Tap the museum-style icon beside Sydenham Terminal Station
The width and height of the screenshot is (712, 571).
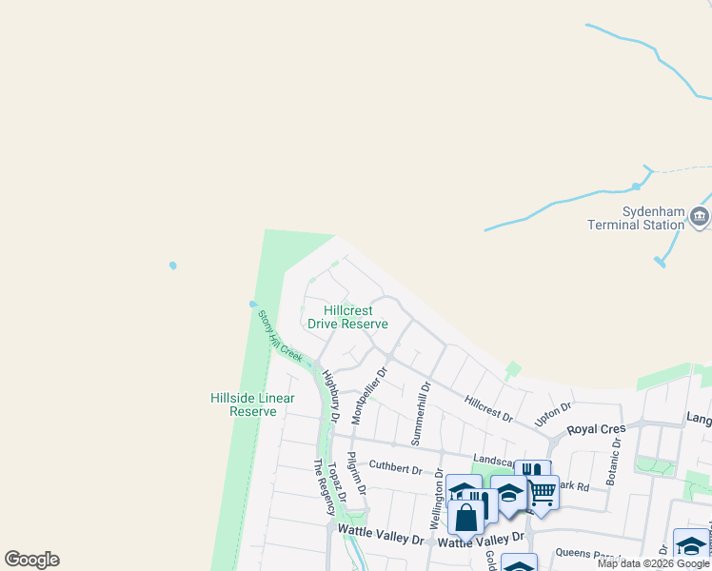coord(700,218)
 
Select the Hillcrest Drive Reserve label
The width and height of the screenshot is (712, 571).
coord(347,317)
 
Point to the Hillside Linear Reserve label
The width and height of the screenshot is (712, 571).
coord(252,404)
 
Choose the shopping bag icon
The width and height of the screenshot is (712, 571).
coord(466,520)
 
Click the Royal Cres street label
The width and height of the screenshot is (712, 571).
coord(596,429)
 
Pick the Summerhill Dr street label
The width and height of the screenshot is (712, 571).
coord(421,413)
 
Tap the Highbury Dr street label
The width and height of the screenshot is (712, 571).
coord(331,397)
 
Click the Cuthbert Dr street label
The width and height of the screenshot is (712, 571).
coord(395,467)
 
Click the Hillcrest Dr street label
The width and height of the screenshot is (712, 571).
coord(488,408)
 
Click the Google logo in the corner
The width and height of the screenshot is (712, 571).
coord(31,560)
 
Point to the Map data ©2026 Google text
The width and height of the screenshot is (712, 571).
coord(653,563)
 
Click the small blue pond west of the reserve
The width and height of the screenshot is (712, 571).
coord(172,265)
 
